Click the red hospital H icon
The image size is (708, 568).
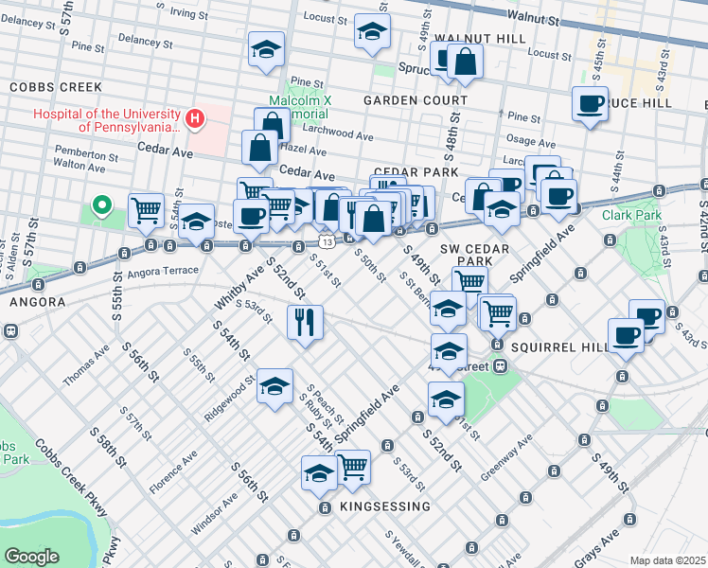pyautogui.click(x=194, y=118)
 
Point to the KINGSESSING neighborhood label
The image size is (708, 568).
pyautogui.click(x=385, y=506)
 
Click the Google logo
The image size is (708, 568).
pyautogui.click(x=31, y=556)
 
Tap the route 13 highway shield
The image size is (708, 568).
pyautogui.click(x=324, y=243)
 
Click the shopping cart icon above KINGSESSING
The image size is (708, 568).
pyautogui.click(x=353, y=467)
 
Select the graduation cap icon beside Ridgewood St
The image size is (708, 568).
pyautogui.click(x=274, y=386)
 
